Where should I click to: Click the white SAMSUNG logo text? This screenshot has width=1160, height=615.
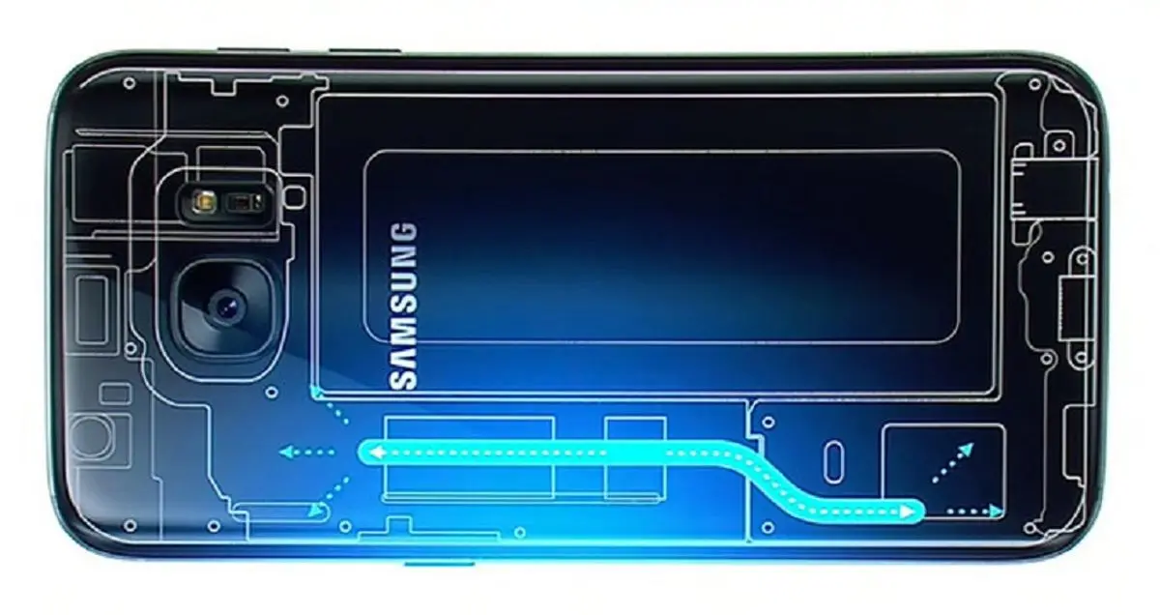[403, 307]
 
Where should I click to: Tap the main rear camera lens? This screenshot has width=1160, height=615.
[226, 307]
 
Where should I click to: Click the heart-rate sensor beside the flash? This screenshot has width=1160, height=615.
[243, 201]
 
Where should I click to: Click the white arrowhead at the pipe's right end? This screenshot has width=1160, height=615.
[908, 512]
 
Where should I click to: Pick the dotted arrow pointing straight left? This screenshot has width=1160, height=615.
[306, 453]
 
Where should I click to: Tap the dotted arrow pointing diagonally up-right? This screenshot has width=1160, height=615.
[953, 462]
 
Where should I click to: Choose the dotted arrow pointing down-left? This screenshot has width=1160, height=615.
[329, 497]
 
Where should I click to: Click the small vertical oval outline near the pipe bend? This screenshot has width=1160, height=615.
[833, 461]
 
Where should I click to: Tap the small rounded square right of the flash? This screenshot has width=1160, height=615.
[295, 197]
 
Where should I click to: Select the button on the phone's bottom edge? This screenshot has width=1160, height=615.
[439, 563]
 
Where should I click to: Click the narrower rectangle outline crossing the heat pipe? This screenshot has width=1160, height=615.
[635, 458]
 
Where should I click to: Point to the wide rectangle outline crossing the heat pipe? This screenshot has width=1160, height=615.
[469, 458]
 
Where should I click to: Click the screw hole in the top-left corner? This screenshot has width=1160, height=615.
[129, 83]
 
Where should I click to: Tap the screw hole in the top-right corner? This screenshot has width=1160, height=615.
[1034, 84]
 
